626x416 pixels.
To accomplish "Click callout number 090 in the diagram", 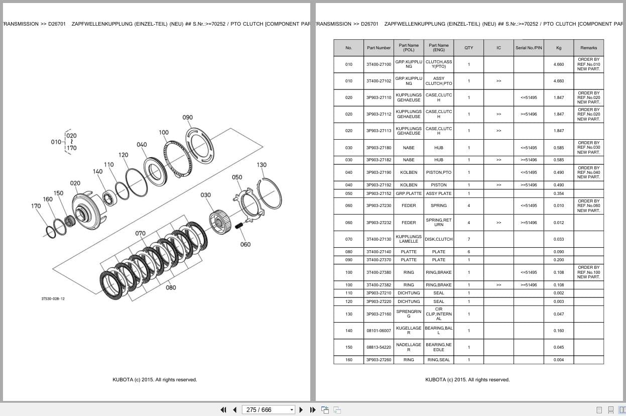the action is (188, 118).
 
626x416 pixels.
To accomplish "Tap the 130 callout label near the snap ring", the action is (262, 165).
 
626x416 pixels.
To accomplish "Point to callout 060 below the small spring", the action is (245, 245).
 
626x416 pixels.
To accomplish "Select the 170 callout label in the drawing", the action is (36, 206).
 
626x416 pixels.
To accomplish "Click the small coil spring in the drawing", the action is (238, 226).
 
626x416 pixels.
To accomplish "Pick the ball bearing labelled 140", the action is (109, 198).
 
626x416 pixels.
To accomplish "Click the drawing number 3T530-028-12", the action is (53, 299).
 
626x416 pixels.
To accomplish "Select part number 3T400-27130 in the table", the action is (379, 239).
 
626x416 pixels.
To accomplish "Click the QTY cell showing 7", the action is (469, 239).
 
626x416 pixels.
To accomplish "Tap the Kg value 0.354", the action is (559, 193).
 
